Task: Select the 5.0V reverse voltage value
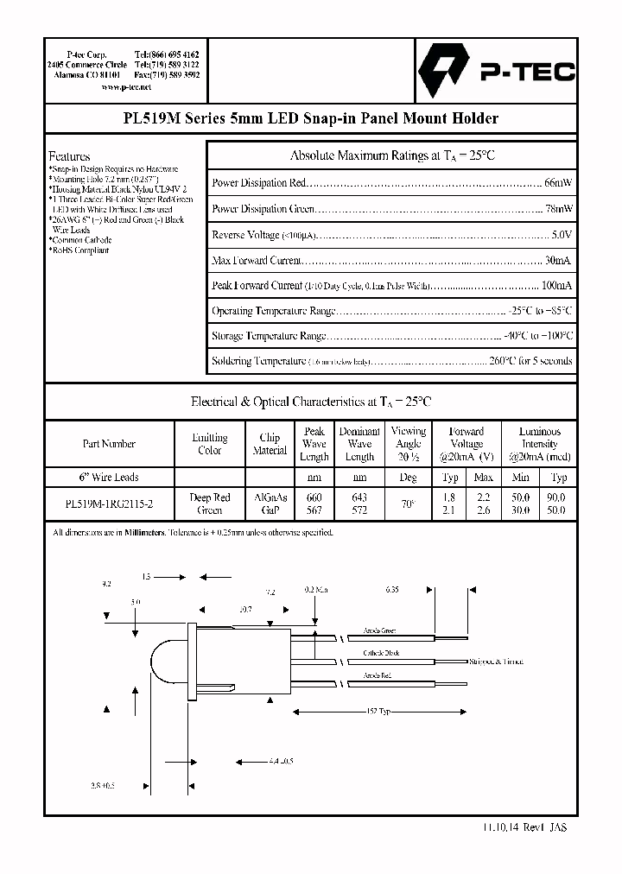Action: pyautogui.click(x=561, y=234)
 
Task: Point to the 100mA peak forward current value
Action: pyautogui.click(x=555, y=285)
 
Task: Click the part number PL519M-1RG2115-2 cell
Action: pyautogui.click(x=109, y=503)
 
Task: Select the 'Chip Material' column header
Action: pyautogui.click(x=270, y=444)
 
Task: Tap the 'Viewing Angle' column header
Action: pyautogui.click(x=409, y=444)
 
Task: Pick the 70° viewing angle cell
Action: pyautogui.click(x=409, y=503)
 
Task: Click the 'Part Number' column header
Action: pyautogui.click(x=109, y=444)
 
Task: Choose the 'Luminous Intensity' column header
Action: pyautogui.click(x=540, y=444)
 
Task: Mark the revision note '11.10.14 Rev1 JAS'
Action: pyautogui.click(x=525, y=826)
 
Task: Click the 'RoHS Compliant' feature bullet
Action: pyautogui.click(x=80, y=250)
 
